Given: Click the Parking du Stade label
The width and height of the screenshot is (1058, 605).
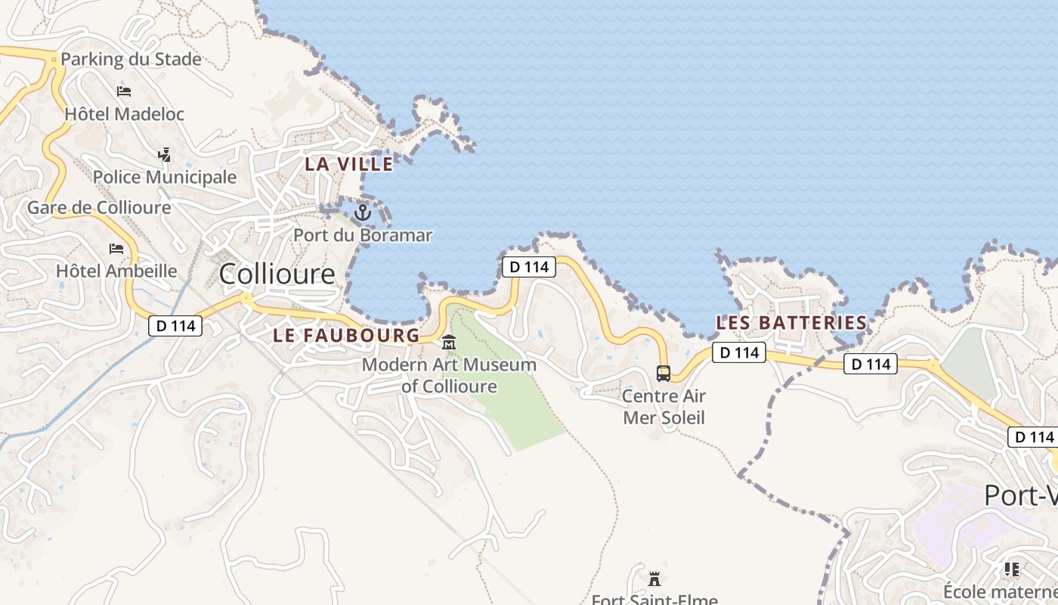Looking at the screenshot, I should [x=131, y=59].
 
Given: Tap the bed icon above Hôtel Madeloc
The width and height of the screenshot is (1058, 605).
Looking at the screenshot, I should [x=124, y=92].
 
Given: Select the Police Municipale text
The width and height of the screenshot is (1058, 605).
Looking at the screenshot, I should [x=165, y=177].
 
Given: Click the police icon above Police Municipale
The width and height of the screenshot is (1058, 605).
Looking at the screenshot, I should [x=164, y=155].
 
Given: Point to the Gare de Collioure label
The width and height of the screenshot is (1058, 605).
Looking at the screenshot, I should [x=99, y=207].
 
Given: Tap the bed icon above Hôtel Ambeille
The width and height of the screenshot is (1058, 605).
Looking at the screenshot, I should [x=116, y=248].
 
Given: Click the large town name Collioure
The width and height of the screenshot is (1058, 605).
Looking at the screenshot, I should [x=277, y=274].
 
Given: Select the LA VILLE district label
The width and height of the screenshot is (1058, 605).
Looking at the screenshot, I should [x=349, y=163].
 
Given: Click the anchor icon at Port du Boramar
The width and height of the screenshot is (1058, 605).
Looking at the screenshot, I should [x=363, y=213].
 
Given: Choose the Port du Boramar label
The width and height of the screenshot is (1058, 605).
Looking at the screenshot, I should [x=363, y=235].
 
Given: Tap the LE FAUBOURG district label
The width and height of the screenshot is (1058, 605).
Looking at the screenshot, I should [x=345, y=335].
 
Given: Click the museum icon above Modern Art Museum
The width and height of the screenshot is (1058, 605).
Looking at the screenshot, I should [x=449, y=343].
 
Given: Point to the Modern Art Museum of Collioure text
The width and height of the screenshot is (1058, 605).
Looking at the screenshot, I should [x=449, y=376].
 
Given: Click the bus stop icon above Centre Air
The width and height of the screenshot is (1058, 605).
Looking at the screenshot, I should [x=663, y=373].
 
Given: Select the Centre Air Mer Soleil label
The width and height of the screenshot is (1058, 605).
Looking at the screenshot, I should [x=664, y=407].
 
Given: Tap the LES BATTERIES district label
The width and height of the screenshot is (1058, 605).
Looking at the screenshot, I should [x=791, y=323].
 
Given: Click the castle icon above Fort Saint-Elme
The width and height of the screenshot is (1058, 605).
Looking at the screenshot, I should [x=654, y=579].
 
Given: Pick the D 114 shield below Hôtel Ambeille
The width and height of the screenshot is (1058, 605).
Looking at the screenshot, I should [x=175, y=326].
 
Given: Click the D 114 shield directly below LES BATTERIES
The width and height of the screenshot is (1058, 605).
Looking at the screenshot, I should [x=738, y=352].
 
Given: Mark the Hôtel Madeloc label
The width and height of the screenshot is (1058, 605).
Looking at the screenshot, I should [x=124, y=114].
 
